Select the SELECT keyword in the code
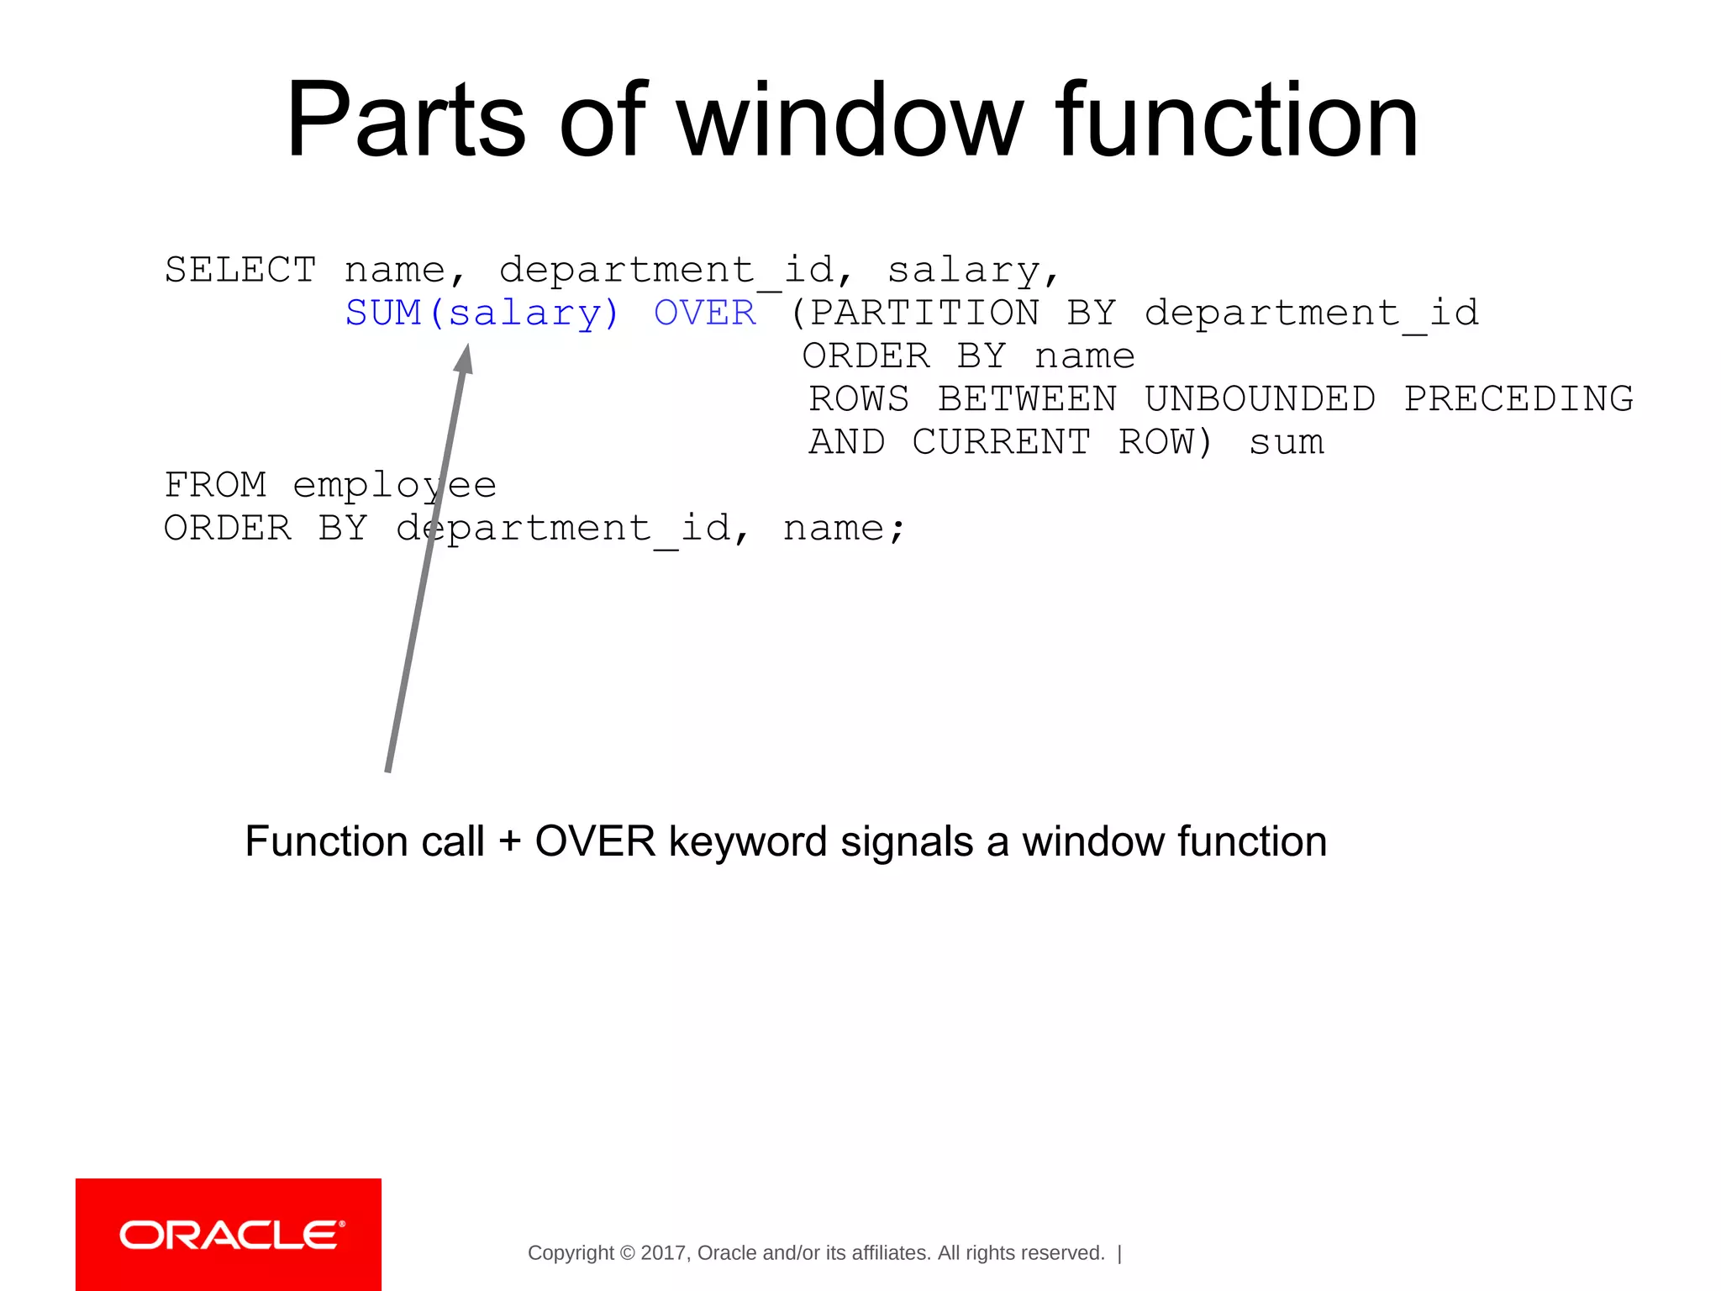240,271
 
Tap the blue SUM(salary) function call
482,314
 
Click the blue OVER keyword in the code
705,314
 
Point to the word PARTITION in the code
924,314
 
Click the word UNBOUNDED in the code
1260,399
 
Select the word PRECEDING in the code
1518,399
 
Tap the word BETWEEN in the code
1027,399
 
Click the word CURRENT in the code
1002,442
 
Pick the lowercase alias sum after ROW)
1287,442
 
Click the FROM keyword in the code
215,485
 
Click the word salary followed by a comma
972,271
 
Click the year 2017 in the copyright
664,1253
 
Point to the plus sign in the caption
509,842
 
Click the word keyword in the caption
747,842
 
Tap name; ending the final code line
844,529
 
